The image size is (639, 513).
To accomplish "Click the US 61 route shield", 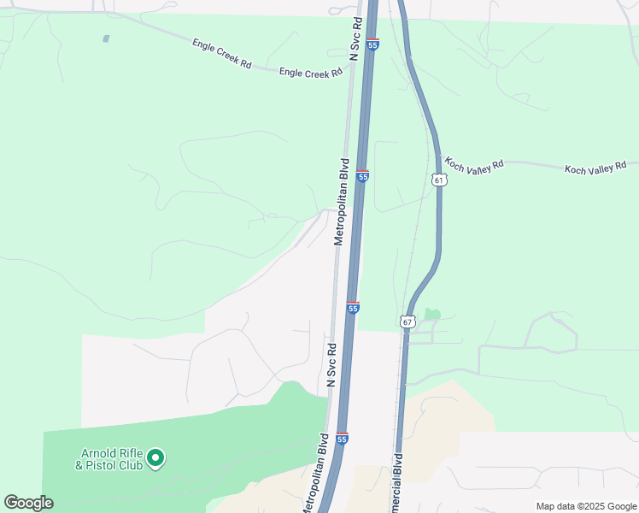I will click(x=439, y=180).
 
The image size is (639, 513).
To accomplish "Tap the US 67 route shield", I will click(x=407, y=321).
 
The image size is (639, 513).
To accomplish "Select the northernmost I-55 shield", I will click(x=373, y=44).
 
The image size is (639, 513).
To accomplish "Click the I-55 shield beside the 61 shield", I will click(x=363, y=176).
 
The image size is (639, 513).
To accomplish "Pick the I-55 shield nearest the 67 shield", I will click(x=353, y=308).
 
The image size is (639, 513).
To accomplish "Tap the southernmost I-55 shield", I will click(x=342, y=439).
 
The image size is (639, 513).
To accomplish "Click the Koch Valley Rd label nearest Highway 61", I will click(x=475, y=164).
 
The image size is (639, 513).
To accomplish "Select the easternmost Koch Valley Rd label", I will click(x=595, y=168).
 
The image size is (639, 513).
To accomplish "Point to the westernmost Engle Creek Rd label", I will click(x=221, y=53).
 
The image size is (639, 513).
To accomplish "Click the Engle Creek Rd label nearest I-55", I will click(x=311, y=74).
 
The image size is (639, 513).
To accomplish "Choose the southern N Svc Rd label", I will click(x=331, y=365).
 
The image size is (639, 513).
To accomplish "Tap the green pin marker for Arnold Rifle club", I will click(x=155, y=459).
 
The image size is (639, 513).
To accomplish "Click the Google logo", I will click(x=28, y=503).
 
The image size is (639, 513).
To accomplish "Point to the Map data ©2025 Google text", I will click(x=585, y=505).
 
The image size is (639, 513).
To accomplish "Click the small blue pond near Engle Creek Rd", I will click(x=106, y=38).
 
